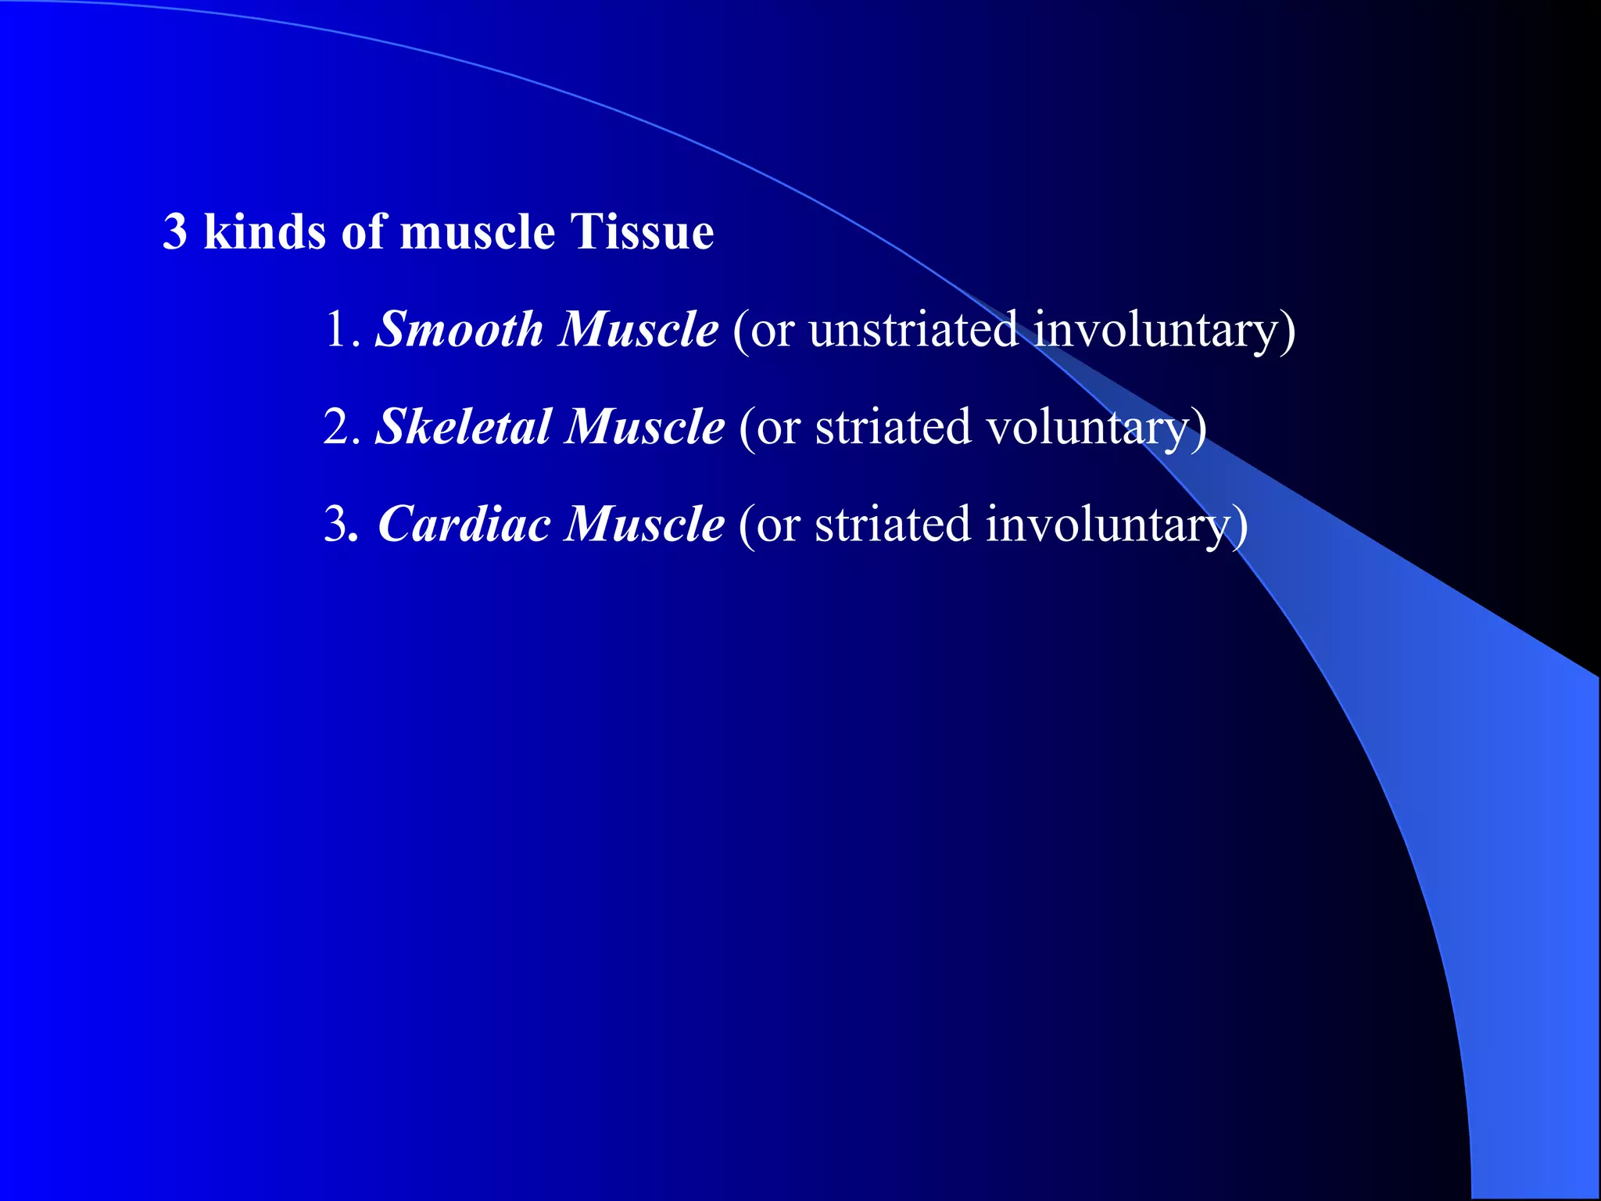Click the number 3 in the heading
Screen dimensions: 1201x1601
click(175, 232)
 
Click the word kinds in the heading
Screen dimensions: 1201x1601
click(264, 232)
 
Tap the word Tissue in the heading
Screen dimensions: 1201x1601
click(641, 232)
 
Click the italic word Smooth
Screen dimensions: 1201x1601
click(459, 329)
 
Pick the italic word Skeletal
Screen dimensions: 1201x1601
click(463, 427)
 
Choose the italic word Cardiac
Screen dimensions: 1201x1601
click(464, 524)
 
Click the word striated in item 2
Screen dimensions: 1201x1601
click(891, 427)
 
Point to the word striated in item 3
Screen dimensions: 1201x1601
click(891, 524)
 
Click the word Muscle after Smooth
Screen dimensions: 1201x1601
click(638, 329)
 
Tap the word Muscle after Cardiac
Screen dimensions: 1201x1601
click(644, 524)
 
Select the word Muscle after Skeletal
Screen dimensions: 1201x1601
click(644, 427)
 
